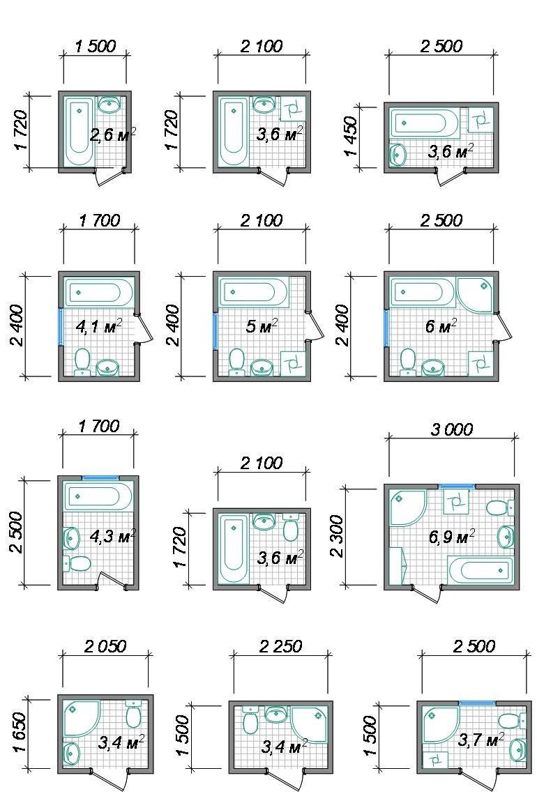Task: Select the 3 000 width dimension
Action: (x=451, y=429)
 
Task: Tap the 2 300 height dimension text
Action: (x=336, y=536)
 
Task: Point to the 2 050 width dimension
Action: (x=105, y=646)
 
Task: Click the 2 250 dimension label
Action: (x=280, y=646)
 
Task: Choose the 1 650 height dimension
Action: (x=19, y=734)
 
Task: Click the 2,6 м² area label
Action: (x=113, y=135)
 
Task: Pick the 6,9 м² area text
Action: (x=452, y=537)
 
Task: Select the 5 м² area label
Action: (x=262, y=326)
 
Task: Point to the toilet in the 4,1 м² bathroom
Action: (x=82, y=361)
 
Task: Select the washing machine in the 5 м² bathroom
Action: (x=293, y=363)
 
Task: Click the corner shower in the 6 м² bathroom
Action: (x=475, y=295)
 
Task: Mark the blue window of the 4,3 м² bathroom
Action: (x=100, y=477)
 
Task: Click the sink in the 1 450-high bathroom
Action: (x=398, y=154)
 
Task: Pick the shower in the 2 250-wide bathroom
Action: (x=310, y=724)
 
